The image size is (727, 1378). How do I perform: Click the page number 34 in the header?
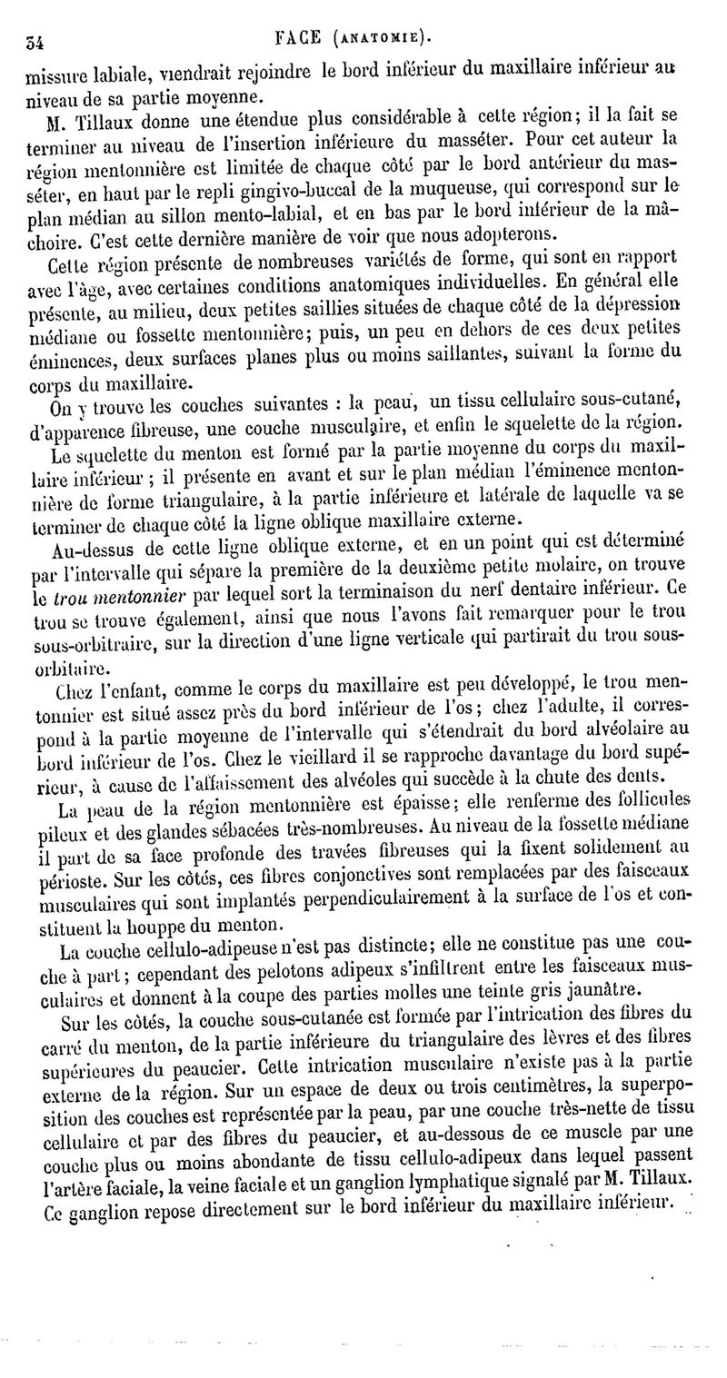coord(38,40)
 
